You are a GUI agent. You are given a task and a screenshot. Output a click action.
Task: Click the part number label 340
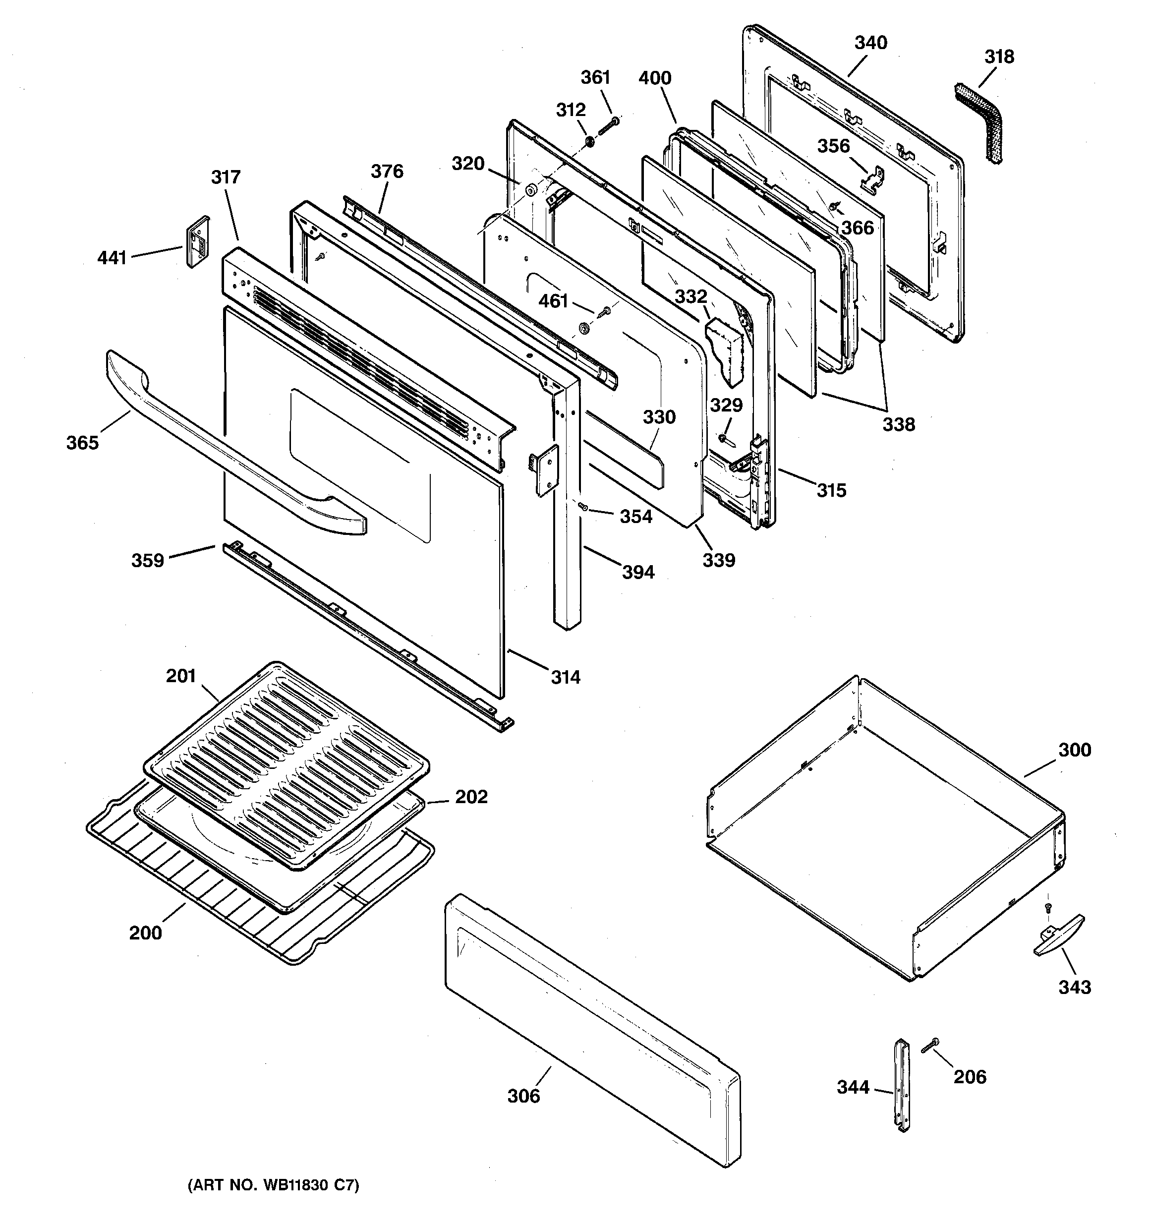[870, 43]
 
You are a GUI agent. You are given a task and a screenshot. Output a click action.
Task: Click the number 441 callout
[112, 257]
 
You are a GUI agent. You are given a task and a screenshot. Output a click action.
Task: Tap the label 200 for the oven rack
[145, 932]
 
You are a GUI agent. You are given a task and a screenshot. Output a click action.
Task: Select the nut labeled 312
[589, 143]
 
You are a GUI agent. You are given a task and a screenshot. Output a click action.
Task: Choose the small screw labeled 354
[582, 507]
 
